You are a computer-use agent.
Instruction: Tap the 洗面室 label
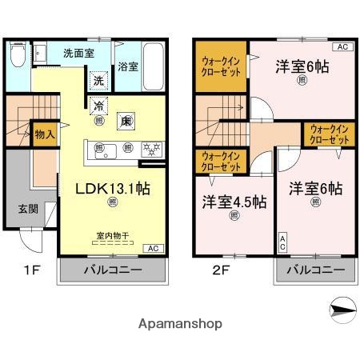click(x=79, y=53)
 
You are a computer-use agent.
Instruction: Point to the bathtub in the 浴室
click(x=154, y=66)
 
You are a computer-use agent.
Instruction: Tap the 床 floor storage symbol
click(x=126, y=122)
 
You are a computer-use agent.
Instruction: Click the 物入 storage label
click(x=45, y=134)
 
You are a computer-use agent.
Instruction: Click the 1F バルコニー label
click(x=113, y=270)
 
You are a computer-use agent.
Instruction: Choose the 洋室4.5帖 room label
click(x=234, y=202)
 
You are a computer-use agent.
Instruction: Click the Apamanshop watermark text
click(x=180, y=324)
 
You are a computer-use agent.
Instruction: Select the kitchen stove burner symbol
click(x=150, y=147)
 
